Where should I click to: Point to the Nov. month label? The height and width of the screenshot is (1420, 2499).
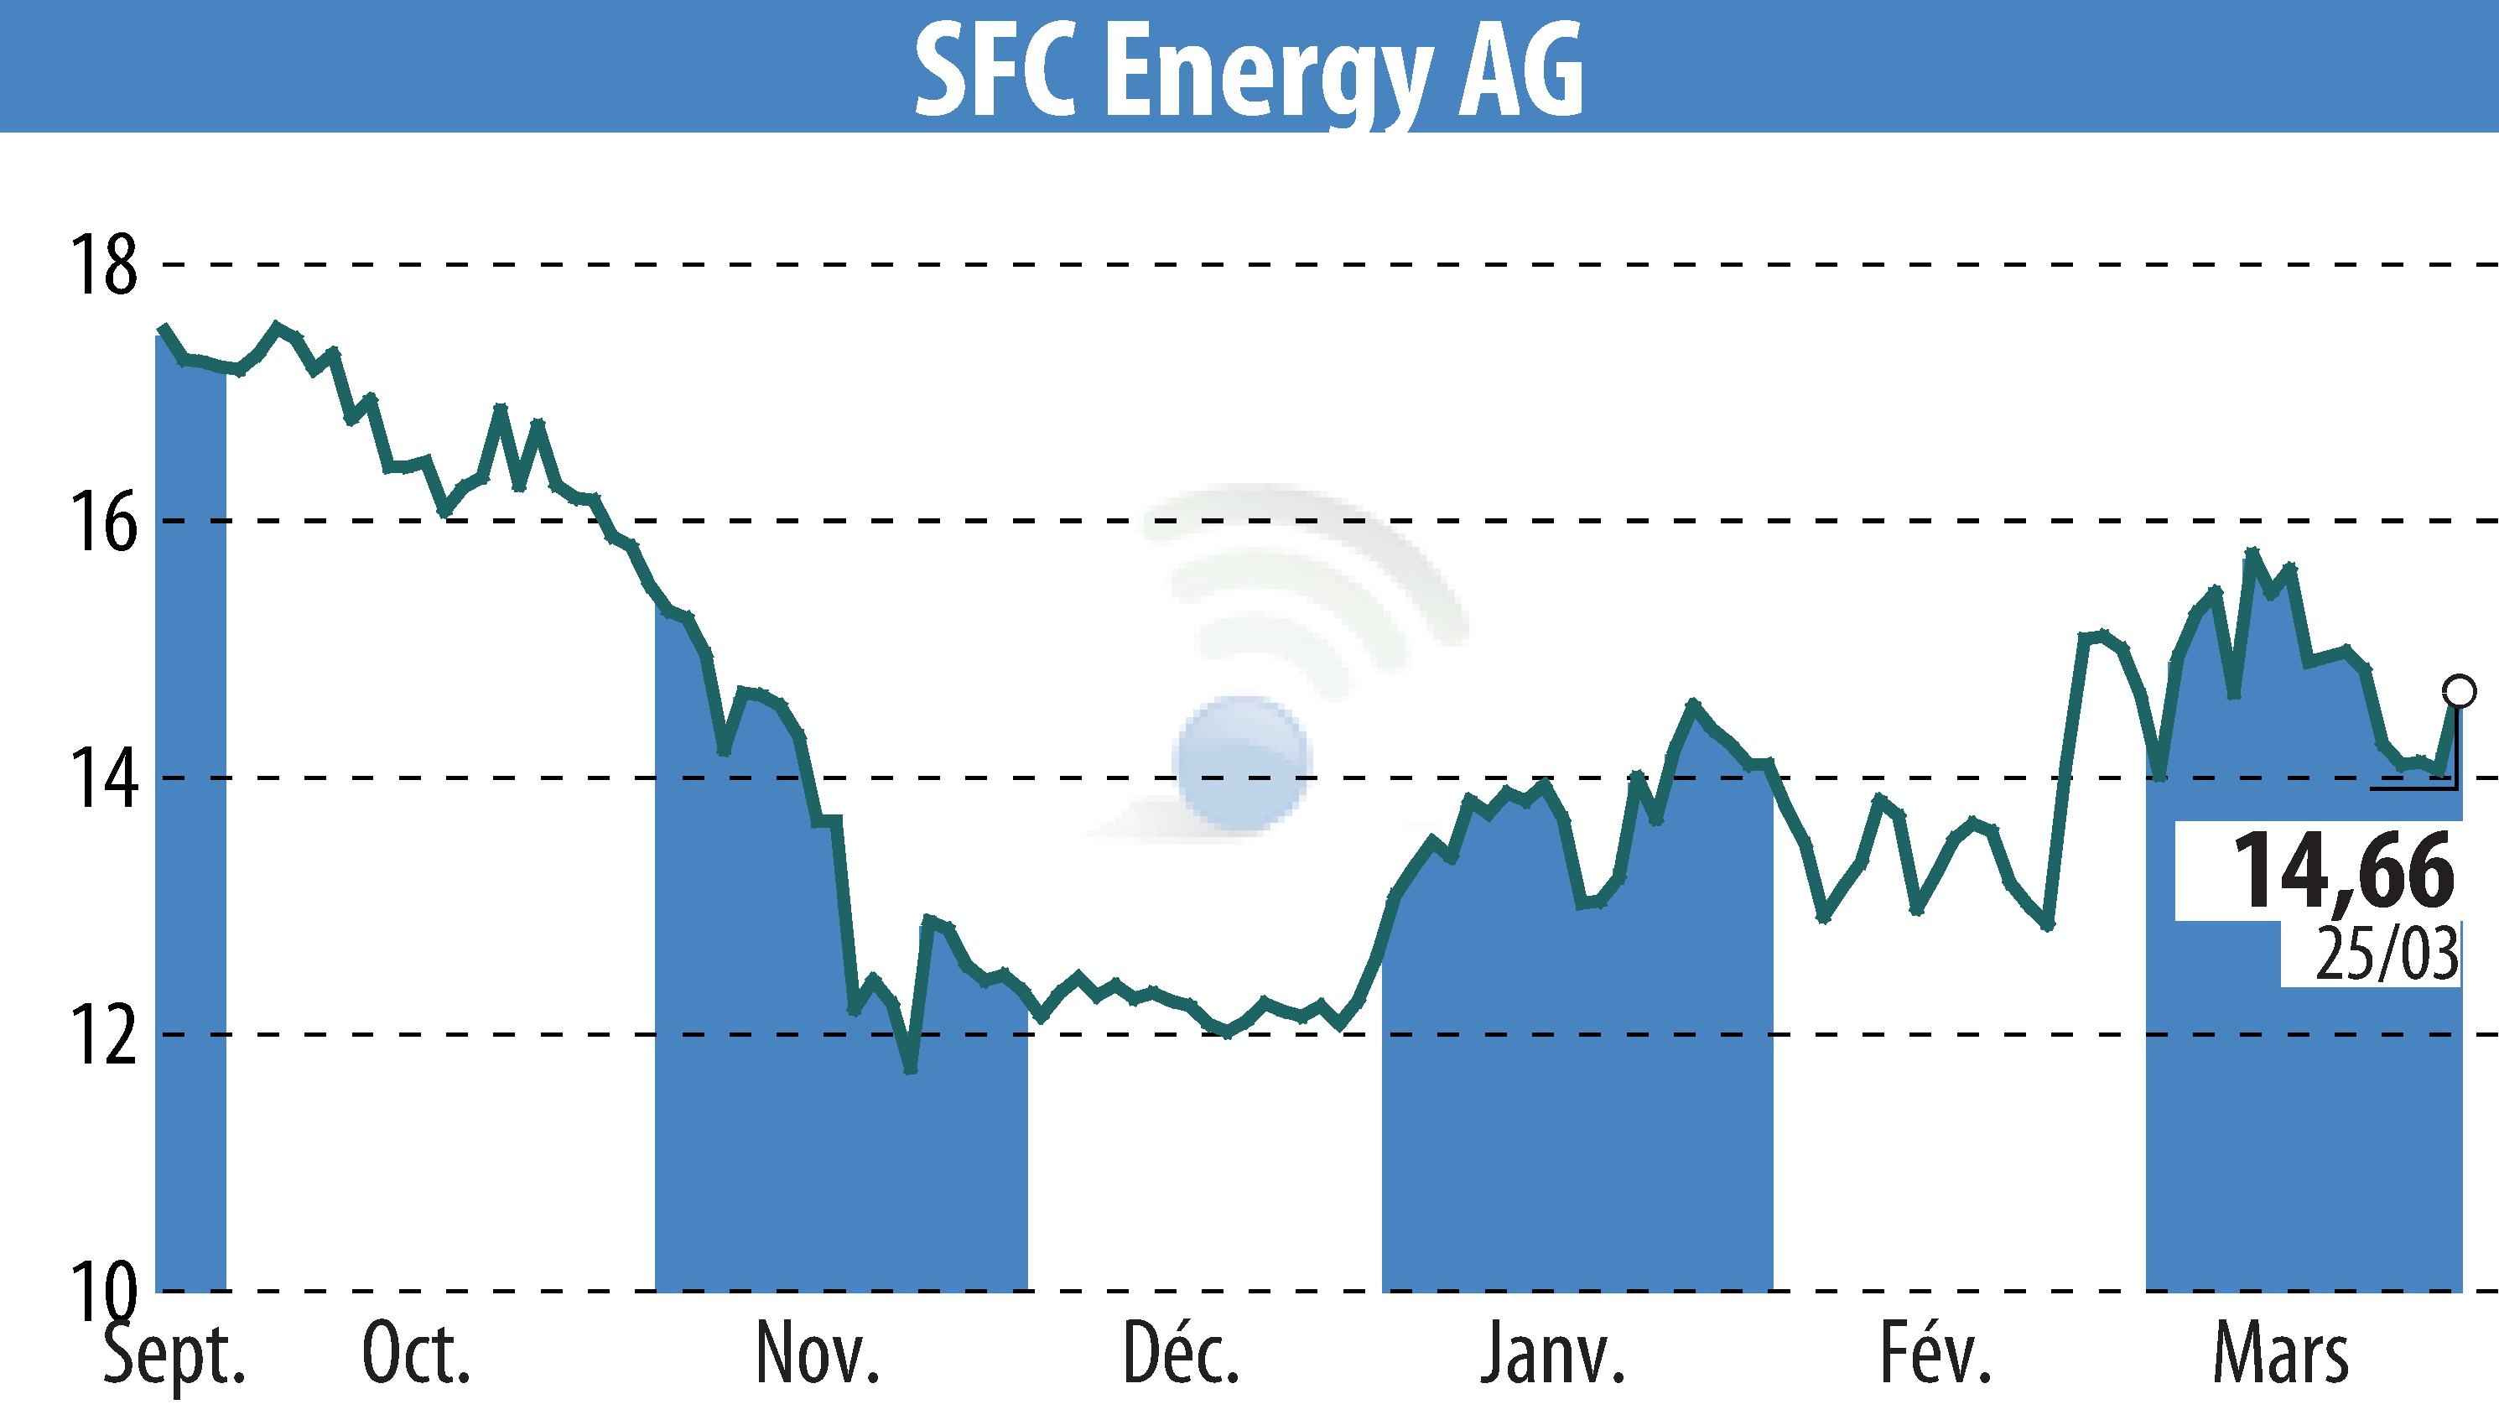click(x=817, y=1355)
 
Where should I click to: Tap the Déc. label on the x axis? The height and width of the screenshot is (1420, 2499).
click(x=1181, y=1355)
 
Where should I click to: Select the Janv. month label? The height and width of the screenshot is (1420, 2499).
click(x=1552, y=1355)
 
